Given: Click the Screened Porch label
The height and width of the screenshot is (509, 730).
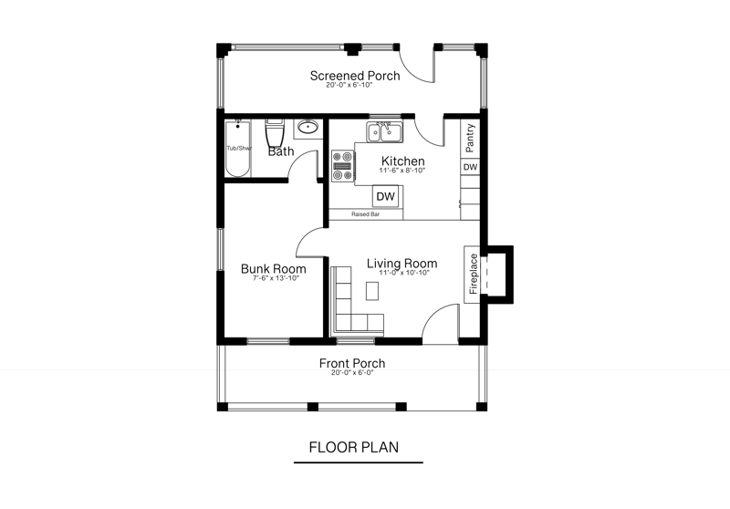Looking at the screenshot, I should (x=354, y=76).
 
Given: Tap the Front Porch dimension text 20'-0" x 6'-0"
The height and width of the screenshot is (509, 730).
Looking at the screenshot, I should (x=351, y=373).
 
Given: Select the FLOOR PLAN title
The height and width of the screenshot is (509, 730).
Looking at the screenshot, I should (x=352, y=447).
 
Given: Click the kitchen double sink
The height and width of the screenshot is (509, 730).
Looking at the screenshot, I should (x=386, y=134).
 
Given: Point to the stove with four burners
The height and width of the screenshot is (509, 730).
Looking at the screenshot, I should (x=343, y=166).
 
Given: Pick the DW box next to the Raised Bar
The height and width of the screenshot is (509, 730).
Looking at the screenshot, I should (x=385, y=196).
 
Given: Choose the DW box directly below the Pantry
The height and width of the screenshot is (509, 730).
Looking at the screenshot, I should (x=470, y=168).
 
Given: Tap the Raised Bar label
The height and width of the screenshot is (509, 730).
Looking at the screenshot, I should (x=365, y=215).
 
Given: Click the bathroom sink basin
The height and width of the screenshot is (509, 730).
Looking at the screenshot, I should (x=308, y=128).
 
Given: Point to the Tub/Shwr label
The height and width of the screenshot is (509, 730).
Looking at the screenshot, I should (x=238, y=148).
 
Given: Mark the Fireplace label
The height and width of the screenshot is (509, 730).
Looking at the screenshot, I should (x=474, y=272).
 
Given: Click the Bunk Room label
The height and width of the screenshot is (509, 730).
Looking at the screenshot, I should (x=273, y=269).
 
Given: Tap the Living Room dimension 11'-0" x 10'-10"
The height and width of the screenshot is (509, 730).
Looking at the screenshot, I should (x=398, y=273).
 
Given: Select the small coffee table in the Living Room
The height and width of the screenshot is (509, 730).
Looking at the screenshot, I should (x=372, y=290).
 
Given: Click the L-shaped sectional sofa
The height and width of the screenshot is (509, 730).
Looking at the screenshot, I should (x=347, y=310).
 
